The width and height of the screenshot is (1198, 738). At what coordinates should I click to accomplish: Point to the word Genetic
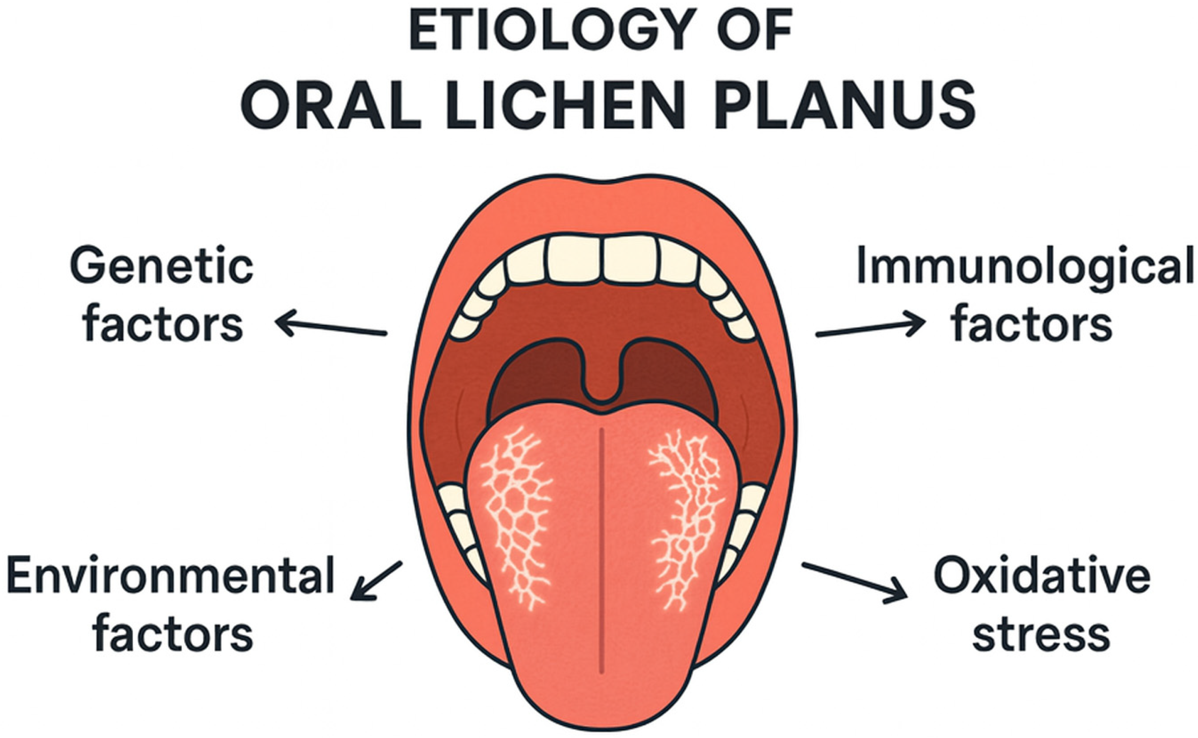(x=161, y=268)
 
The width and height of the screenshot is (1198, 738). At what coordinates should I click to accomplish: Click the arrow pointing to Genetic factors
(x=332, y=326)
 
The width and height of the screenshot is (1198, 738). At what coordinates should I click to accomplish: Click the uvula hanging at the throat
(x=603, y=386)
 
